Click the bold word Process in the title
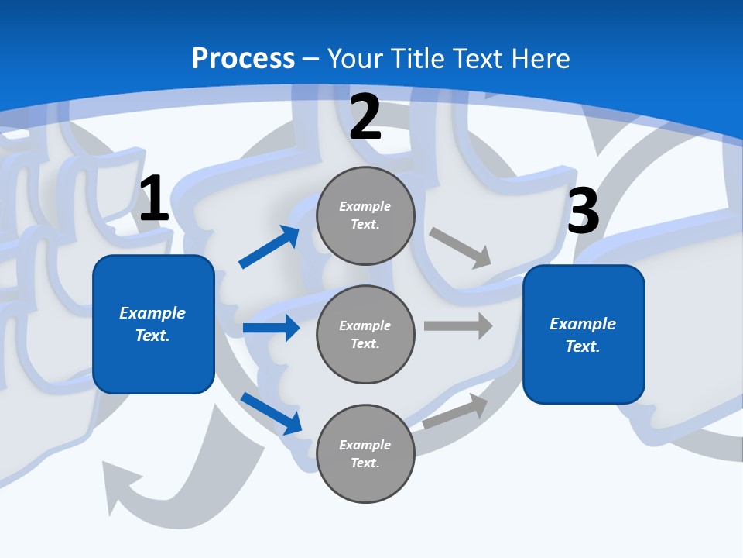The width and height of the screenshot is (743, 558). (x=243, y=59)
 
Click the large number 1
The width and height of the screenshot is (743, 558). (x=154, y=199)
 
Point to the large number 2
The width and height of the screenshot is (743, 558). (x=365, y=117)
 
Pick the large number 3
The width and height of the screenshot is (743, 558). (x=584, y=212)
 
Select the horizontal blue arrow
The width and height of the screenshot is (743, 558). (x=271, y=328)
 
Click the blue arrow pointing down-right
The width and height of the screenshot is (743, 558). (x=271, y=413)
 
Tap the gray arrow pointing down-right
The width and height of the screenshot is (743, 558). (x=461, y=247)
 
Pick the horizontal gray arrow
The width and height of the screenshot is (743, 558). (x=458, y=325)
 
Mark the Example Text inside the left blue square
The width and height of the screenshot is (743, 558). (x=152, y=324)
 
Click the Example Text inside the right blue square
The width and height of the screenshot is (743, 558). (x=583, y=335)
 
